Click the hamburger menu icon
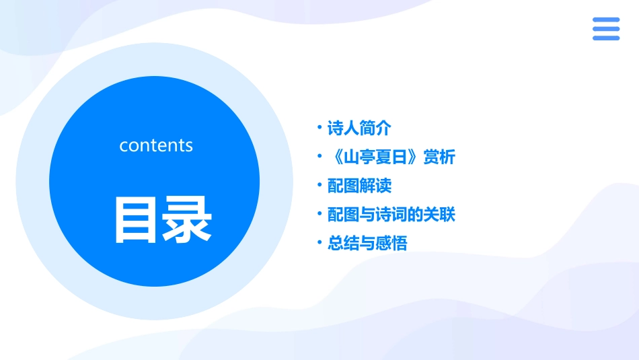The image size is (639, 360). click(x=606, y=29)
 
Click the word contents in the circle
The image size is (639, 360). click(x=156, y=145)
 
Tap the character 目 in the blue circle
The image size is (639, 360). click(x=135, y=220)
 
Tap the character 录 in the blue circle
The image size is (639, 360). click(x=187, y=220)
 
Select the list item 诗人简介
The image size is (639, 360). click(x=359, y=128)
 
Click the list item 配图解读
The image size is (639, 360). click(x=359, y=186)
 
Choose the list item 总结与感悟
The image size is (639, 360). click(x=367, y=244)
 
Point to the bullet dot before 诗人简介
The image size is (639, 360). click(x=319, y=128)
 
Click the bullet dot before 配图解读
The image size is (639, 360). click(x=319, y=185)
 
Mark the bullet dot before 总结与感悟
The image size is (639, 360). click(x=319, y=243)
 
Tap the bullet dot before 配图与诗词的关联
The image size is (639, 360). click(x=319, y=213)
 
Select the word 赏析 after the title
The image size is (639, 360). click(x=439, y=157)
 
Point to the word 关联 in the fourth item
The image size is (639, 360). click(x=439, y=215)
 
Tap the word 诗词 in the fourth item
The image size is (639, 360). click(x=391, y=215)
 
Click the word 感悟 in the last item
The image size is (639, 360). click(x=391, y=244)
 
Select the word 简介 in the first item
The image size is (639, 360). click(x=375, y=128)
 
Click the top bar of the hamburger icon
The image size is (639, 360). click(x=606, y=20)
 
